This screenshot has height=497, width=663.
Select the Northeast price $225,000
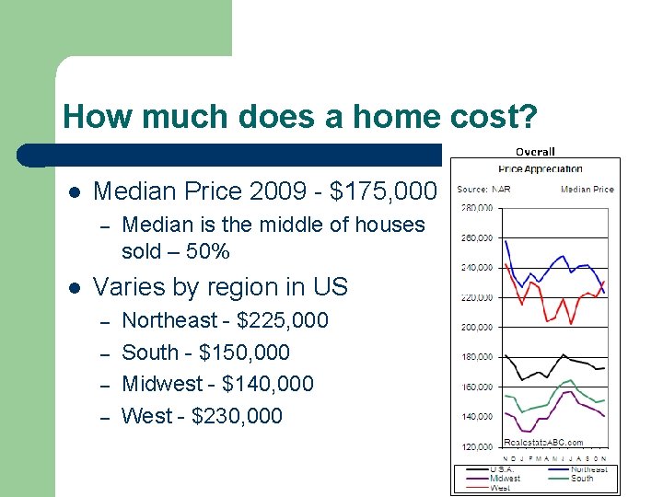(282, 320)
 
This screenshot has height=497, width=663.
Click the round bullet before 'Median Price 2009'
(75, 192)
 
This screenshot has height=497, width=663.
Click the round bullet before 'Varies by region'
(75, 288)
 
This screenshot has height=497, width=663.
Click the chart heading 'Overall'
(535, 152)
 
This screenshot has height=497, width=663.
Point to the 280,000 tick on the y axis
(476, 208)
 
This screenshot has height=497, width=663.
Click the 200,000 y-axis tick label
(476, 327)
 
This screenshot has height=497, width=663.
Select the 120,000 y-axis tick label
(476, 446)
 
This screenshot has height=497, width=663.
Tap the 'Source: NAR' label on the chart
(484, 190)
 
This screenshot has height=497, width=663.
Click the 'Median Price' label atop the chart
(587, 190)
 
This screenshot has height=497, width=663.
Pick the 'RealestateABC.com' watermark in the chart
(543, 443)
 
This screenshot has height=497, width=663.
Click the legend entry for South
(582, 478)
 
